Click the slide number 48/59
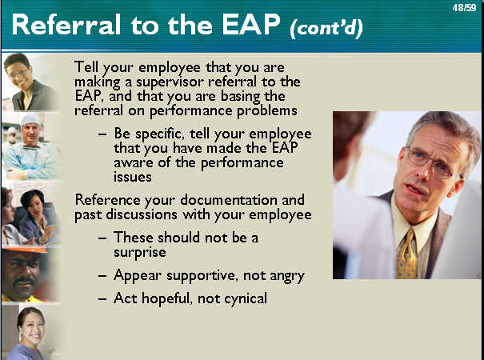click(464, 8)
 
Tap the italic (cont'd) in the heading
click(326, 29)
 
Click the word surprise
click(139, 253)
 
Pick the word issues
click(133, 177)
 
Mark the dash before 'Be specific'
click(102, 134)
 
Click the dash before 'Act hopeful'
click(102, 299)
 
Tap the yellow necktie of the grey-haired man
click(407, 254)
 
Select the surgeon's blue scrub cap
click(31, 119)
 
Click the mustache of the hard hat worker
click(24, 280)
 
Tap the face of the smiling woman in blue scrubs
click(31, 329)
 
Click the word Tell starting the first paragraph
click(86, 66)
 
